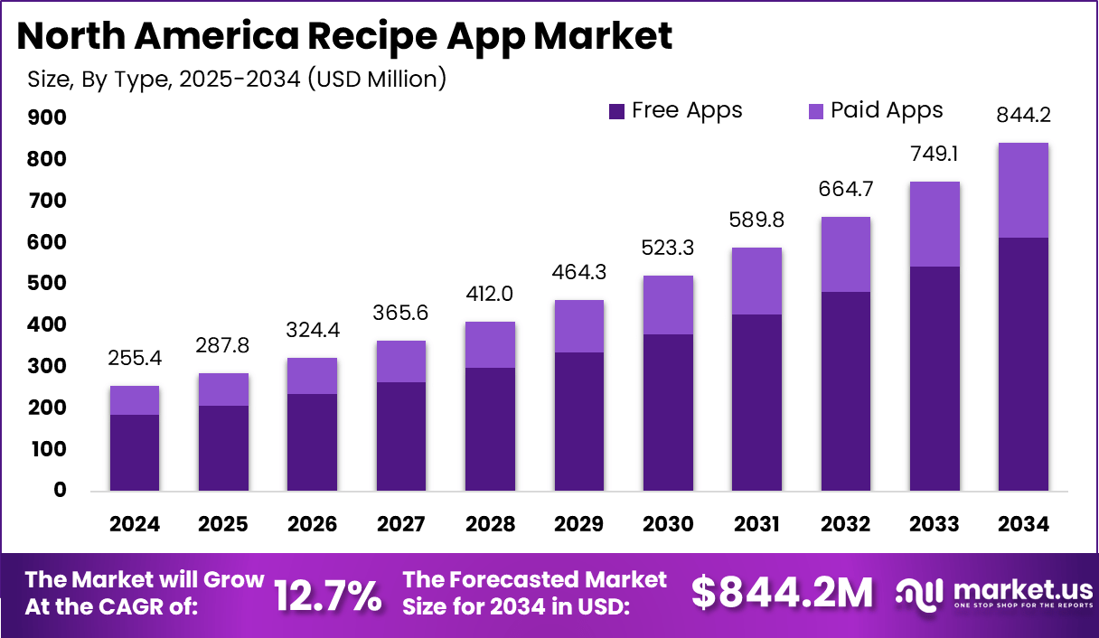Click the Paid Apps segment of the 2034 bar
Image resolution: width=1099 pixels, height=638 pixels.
point(1023,190)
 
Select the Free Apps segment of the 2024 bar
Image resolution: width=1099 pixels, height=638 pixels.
point(135,452)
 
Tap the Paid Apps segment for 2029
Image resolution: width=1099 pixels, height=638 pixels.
point(579,326)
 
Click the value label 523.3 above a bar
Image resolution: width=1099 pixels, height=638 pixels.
point(668,248)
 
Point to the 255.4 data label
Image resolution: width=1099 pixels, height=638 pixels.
point(135,358)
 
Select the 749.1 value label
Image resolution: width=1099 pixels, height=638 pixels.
point(934,154)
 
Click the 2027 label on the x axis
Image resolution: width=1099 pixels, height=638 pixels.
point(401,524)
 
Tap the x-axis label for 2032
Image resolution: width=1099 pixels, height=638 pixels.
point(845,524)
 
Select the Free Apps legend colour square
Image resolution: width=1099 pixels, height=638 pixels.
point(617,111)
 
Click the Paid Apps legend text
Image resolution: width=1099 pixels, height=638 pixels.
point(887,110)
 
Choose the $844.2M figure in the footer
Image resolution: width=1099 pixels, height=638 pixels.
point(783,593)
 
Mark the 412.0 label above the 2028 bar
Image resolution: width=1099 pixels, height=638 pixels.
point(490,294)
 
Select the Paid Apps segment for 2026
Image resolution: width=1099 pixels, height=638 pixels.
point(313,376)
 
